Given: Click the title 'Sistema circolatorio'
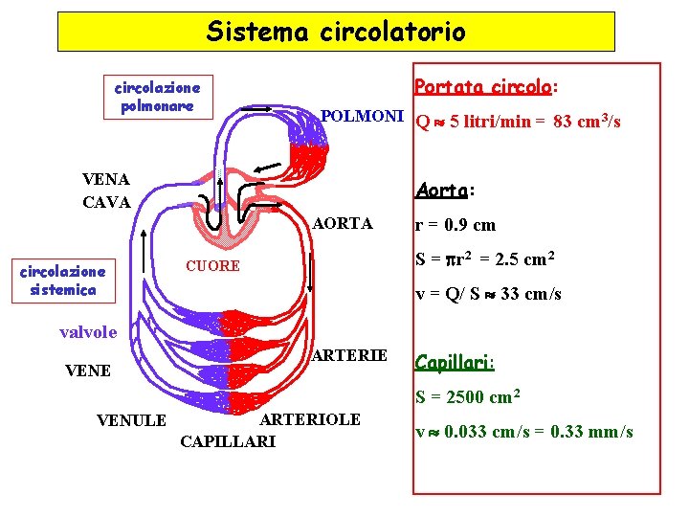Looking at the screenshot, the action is (336, 32).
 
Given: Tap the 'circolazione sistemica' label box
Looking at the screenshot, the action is (63, 281).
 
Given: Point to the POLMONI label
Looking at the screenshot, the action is (362, 117).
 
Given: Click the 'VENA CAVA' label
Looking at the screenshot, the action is (106, 191).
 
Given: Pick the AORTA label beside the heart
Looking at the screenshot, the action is (343, 224).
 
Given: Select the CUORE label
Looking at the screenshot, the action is (212, 266).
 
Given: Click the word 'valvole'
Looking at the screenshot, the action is (88, 332).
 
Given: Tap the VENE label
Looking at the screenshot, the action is (87, 371).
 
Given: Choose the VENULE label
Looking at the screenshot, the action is (132, 420).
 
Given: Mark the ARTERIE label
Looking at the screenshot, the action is (350, 356).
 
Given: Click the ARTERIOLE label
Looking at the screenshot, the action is (310, 419).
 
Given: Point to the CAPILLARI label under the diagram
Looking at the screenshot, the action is (228, 441).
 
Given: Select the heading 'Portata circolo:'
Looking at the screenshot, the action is (486, 87).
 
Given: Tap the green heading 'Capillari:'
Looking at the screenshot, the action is (455, 363).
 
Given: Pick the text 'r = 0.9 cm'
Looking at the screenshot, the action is (455, 226).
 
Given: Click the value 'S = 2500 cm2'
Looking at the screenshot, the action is (467, 397).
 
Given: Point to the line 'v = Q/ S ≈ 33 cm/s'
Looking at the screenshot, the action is (488, 294).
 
